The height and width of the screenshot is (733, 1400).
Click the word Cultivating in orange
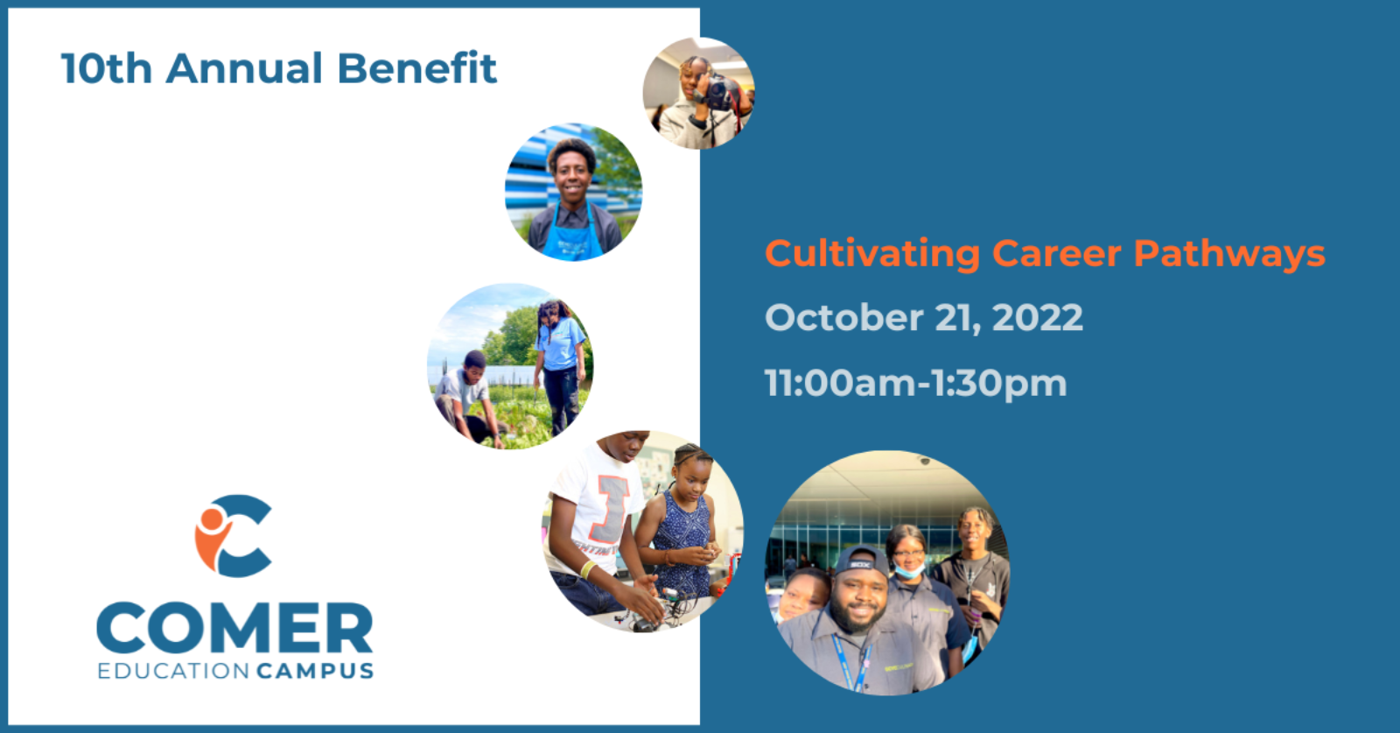(872, 255)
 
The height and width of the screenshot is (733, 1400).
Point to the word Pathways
(1229, 255)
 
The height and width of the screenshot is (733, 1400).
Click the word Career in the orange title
(1057, 253)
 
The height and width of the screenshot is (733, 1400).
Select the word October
(843, 318)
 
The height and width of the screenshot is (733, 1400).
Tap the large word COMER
(235, 628)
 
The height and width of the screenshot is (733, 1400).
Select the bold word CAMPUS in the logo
(315, 671)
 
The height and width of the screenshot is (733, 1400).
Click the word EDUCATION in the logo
(174, 671)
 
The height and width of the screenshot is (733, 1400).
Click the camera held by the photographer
(718, 92)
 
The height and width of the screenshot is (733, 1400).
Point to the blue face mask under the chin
(908, 570)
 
